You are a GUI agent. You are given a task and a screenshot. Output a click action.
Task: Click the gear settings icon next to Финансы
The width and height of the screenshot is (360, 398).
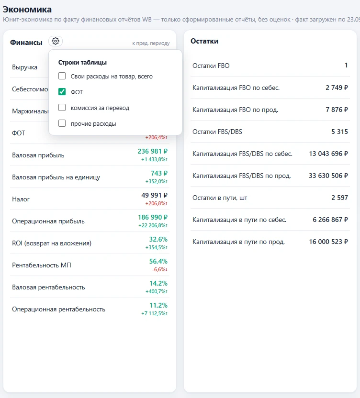click(x=56, y=41)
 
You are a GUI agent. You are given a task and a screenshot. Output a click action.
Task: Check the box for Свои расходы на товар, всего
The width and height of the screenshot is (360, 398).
click(x=62, y=76)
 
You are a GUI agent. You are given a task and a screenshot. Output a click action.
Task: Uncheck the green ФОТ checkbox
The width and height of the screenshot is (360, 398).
click(x=62, y=92)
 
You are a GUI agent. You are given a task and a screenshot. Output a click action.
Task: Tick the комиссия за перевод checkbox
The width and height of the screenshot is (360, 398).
click(x=62, y=107)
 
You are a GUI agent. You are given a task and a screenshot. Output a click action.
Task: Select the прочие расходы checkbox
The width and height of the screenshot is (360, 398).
click(x=62, y=123)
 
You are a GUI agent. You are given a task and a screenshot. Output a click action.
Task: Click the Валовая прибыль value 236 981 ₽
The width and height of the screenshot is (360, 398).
click(x=152, y=151)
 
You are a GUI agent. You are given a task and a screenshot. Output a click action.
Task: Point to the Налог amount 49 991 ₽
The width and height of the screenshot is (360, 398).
click(x=154, y=195)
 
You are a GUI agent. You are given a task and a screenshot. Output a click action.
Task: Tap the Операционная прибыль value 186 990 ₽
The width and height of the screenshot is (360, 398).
click(x=152, y=217)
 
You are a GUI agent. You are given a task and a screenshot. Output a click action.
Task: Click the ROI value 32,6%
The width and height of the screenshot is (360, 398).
click(x=158, y=239)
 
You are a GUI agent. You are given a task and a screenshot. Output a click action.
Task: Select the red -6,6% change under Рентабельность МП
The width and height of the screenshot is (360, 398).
click(x=159, y=270)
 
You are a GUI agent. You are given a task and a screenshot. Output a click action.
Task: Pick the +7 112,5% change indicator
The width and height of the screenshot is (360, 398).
click(x=154, y=313)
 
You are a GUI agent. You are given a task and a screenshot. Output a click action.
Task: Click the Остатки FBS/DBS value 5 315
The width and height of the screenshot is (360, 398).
click(x=339, y=132)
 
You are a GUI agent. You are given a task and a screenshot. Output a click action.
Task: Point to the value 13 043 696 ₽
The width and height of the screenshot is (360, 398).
click(x=328, y=154)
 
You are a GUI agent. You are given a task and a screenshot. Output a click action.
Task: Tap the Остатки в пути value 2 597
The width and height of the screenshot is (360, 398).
click(x=339, y=198)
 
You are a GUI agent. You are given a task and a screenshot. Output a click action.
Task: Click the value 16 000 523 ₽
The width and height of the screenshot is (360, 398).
click(x=328, y=242)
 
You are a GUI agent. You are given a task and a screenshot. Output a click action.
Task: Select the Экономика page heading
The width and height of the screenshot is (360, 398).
click(x=27, y=10)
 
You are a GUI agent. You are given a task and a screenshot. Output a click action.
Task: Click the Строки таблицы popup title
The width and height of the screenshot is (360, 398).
click(x=82, y=63)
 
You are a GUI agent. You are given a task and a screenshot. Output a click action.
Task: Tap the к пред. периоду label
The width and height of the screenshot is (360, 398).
click(x=151, y=43)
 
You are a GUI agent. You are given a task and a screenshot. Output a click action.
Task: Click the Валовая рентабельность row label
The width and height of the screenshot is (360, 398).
click(x=48, y=287)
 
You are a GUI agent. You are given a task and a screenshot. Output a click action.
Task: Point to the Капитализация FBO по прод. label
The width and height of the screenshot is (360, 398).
click(x=235, y=110)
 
